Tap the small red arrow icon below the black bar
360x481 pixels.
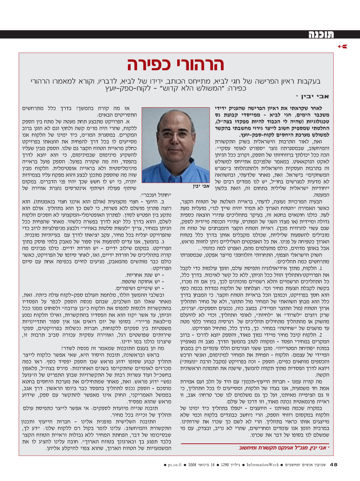coord(343,47)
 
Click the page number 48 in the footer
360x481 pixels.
coord(334,464)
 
